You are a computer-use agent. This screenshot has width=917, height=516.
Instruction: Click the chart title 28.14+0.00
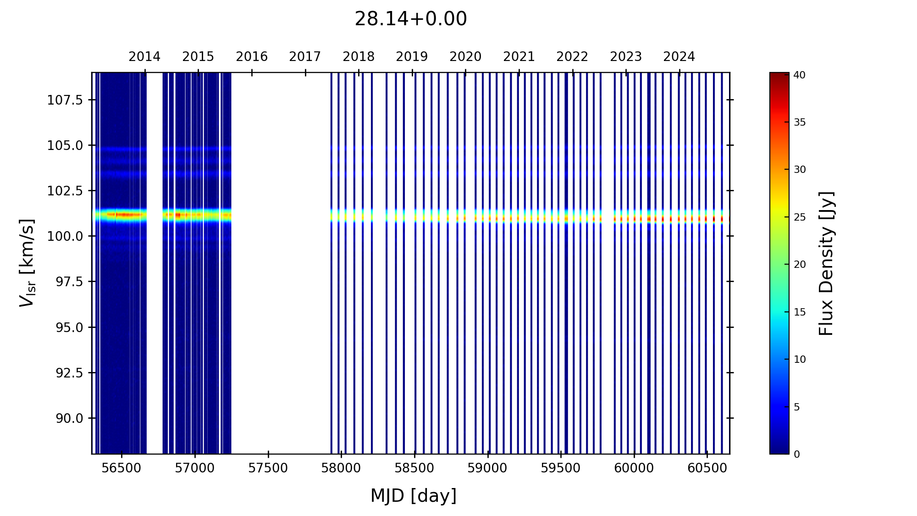[x=410, y=19]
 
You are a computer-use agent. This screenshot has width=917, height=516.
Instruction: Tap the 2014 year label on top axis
[x=144, y=57]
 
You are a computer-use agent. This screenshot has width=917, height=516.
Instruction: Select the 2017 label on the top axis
[x=305, y=57]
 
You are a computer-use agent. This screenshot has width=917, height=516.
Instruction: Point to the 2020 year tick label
[x=465, y=57]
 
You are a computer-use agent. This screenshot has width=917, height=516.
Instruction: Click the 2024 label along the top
[x=679, y=57]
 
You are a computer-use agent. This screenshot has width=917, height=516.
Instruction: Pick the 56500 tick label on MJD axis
[x=122, y=468]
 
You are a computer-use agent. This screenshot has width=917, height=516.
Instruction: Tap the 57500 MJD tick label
[x=268, y=468]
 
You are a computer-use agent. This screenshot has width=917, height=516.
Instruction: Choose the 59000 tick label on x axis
[x=487, y=468]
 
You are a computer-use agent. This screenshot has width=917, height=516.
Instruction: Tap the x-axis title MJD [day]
[x=414, y=496]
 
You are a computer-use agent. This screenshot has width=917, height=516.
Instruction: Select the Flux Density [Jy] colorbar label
[x=826, y=263]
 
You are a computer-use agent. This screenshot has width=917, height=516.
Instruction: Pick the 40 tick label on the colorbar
[x=800, y=75]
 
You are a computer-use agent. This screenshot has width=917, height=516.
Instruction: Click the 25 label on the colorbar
[x=800, y=217]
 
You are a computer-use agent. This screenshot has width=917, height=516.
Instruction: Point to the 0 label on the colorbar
[x=797, y=455]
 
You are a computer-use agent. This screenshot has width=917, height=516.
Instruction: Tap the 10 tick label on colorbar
[x=800, y=360]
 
